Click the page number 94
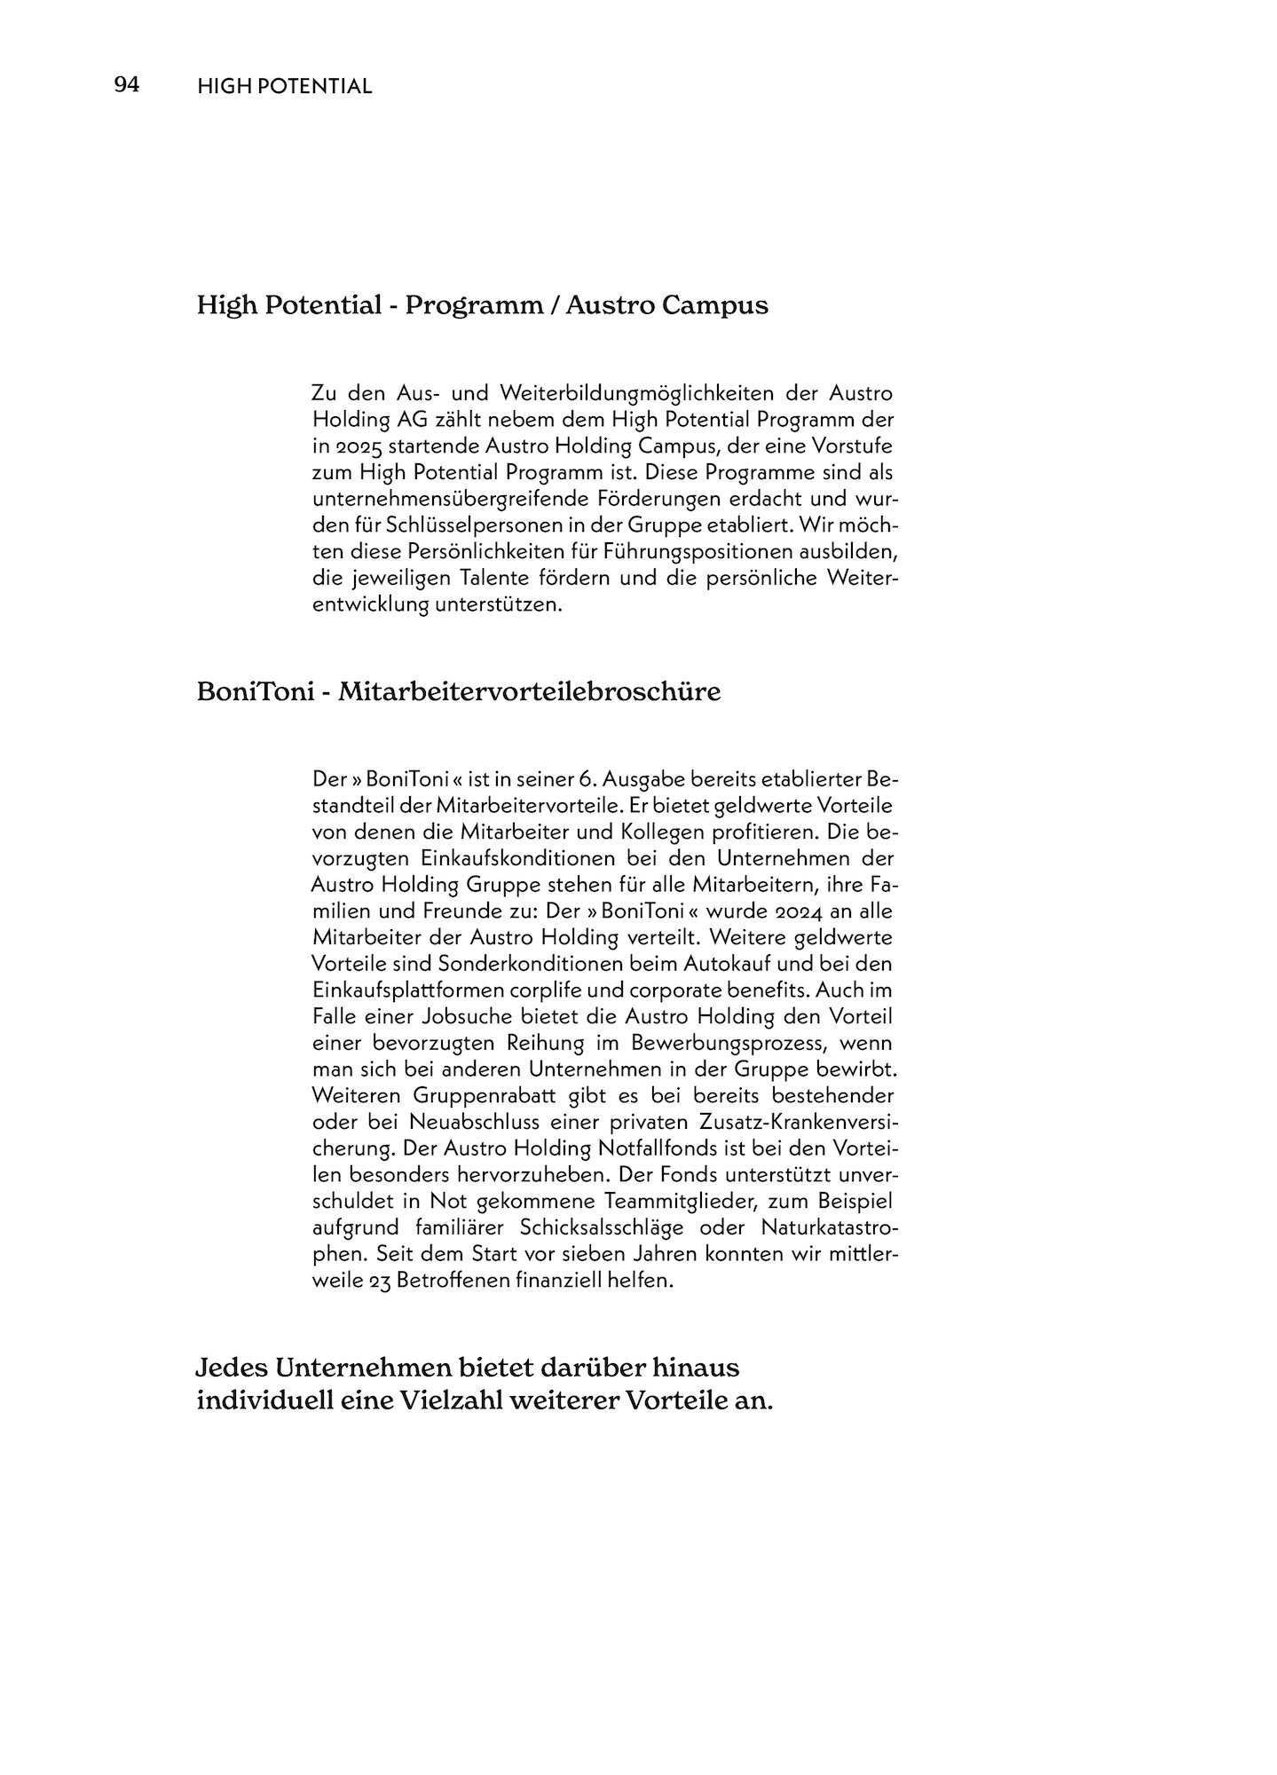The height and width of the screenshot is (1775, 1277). click(126, 85)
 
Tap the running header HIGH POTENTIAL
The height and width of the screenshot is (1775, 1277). click(284, 86)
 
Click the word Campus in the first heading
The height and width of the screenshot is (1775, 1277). click(715, 305)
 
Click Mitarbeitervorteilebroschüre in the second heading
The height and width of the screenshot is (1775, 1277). click(529, 691)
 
